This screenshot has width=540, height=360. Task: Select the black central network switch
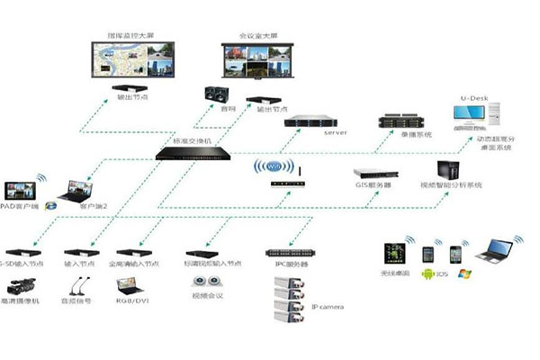tap(193, 153)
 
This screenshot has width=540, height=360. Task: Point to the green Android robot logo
tap(425, 271)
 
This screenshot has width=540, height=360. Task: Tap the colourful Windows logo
tap(462, 271)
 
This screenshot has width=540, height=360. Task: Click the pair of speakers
tap(216, 96)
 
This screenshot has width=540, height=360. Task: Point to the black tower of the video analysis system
tap(448, 170)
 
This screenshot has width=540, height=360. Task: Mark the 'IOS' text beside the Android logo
tap(443, 272)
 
